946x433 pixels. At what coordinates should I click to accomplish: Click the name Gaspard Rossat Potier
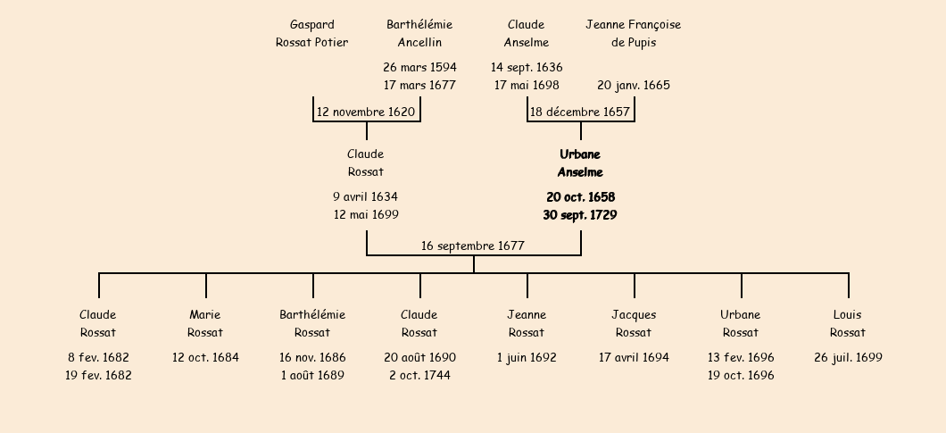click(312, 34)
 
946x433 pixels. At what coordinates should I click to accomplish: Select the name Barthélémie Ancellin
click(419, 34)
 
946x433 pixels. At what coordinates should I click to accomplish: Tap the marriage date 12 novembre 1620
click(366, 112)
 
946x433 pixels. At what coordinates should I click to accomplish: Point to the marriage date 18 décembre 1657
click(580, 112)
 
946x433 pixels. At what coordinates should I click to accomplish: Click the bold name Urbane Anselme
click(580, 163)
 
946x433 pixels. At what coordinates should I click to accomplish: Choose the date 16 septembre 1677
click(473, 246)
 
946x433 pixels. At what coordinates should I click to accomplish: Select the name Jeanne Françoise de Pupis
click(634, 34)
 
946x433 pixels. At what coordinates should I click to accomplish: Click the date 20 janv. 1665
click(634, 86)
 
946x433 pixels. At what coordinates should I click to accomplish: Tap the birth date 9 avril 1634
click(366, 196)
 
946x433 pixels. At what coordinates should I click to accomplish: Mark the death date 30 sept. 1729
click(580, 215)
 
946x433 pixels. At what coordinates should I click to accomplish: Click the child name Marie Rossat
click(205, 323)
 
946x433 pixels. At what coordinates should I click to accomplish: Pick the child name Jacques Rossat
click(634, 323)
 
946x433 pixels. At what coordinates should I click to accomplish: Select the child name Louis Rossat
click(848, 323)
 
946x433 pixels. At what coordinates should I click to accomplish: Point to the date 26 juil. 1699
click(848, 357)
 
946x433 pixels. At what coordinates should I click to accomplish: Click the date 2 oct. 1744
click(419, 376)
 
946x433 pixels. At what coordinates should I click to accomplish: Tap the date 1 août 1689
click(312, 376)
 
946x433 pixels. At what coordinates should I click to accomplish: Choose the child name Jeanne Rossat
click(527, 323)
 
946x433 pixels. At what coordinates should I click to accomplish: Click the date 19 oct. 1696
click(741, 376)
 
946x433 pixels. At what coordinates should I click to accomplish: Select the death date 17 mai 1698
click(527, 86)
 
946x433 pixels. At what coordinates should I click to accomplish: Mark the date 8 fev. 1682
click(98, 357)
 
